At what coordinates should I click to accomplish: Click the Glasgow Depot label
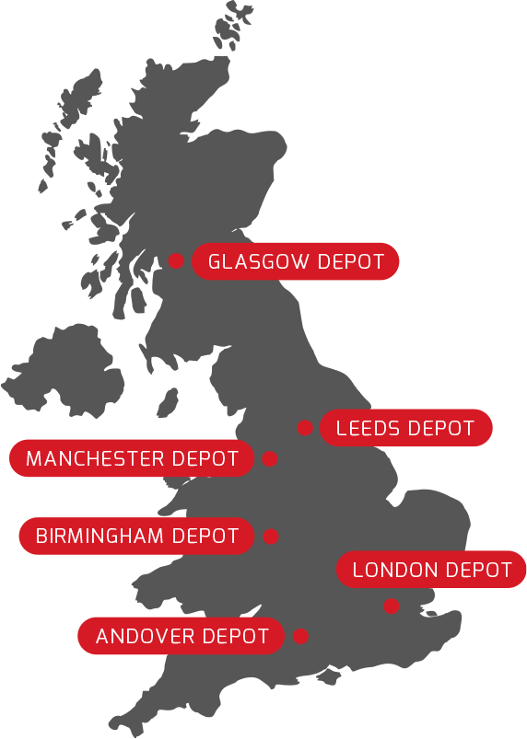[296, 261]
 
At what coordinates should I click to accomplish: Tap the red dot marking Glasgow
[176, 261]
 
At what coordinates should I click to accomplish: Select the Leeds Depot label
[405, 428]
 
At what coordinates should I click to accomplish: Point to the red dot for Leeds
[305, 428]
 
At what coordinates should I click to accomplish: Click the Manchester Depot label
[132, 458]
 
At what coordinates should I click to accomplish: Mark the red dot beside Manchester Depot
[270, 458]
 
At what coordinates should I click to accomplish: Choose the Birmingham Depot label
[136, 536]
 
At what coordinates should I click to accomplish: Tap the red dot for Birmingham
[270, 536]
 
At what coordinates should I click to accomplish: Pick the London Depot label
[432, 570]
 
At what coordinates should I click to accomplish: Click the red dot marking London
[392, 606]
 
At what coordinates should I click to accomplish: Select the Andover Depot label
[182, 636]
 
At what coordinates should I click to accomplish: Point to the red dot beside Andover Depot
[300, 636]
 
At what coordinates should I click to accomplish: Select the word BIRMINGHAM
[101, 536]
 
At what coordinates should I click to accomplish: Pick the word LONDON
[393, 570]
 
